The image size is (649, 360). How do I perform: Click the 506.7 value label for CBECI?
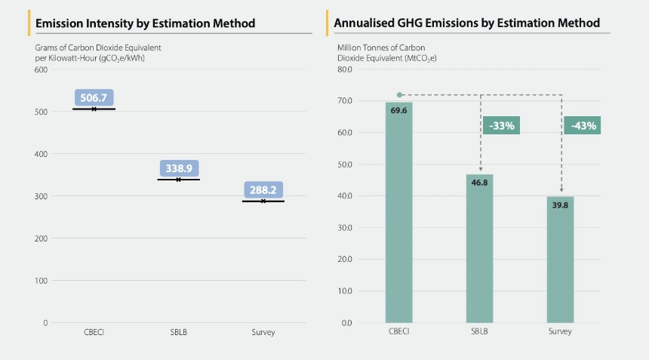94,97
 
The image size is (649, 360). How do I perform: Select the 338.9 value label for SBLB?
178,168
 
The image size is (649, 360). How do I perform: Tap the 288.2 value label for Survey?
263,190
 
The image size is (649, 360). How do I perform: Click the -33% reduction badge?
502,125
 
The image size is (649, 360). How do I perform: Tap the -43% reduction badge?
583,125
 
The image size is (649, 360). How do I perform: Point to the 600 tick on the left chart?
41,70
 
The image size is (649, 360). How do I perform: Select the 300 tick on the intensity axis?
41,196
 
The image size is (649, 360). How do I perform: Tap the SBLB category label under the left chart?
178,333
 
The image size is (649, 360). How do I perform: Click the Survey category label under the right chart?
560,332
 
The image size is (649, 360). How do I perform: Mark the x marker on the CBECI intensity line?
94,109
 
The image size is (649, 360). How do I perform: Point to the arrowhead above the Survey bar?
561,191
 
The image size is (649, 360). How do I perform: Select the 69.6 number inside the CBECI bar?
398,110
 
